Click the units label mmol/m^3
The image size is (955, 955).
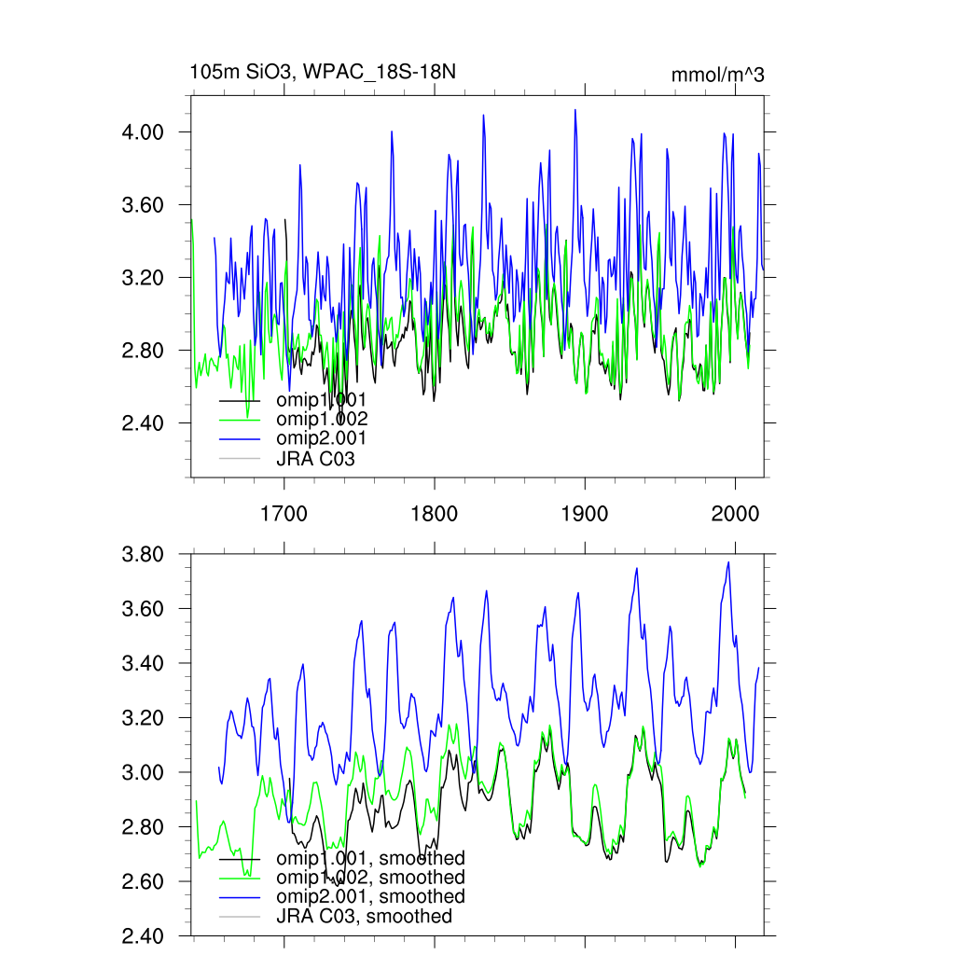coord(717,75)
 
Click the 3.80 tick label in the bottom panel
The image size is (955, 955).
coord(144,555)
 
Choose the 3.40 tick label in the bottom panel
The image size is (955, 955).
coord(144,664)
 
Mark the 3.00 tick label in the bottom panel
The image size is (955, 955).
coord(144,773)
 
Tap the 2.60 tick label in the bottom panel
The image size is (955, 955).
coord(144,882)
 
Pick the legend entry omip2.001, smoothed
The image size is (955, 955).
coord(369,896)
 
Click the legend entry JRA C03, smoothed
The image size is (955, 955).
coord(364,917)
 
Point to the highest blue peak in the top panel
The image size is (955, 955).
coord(574,110)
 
